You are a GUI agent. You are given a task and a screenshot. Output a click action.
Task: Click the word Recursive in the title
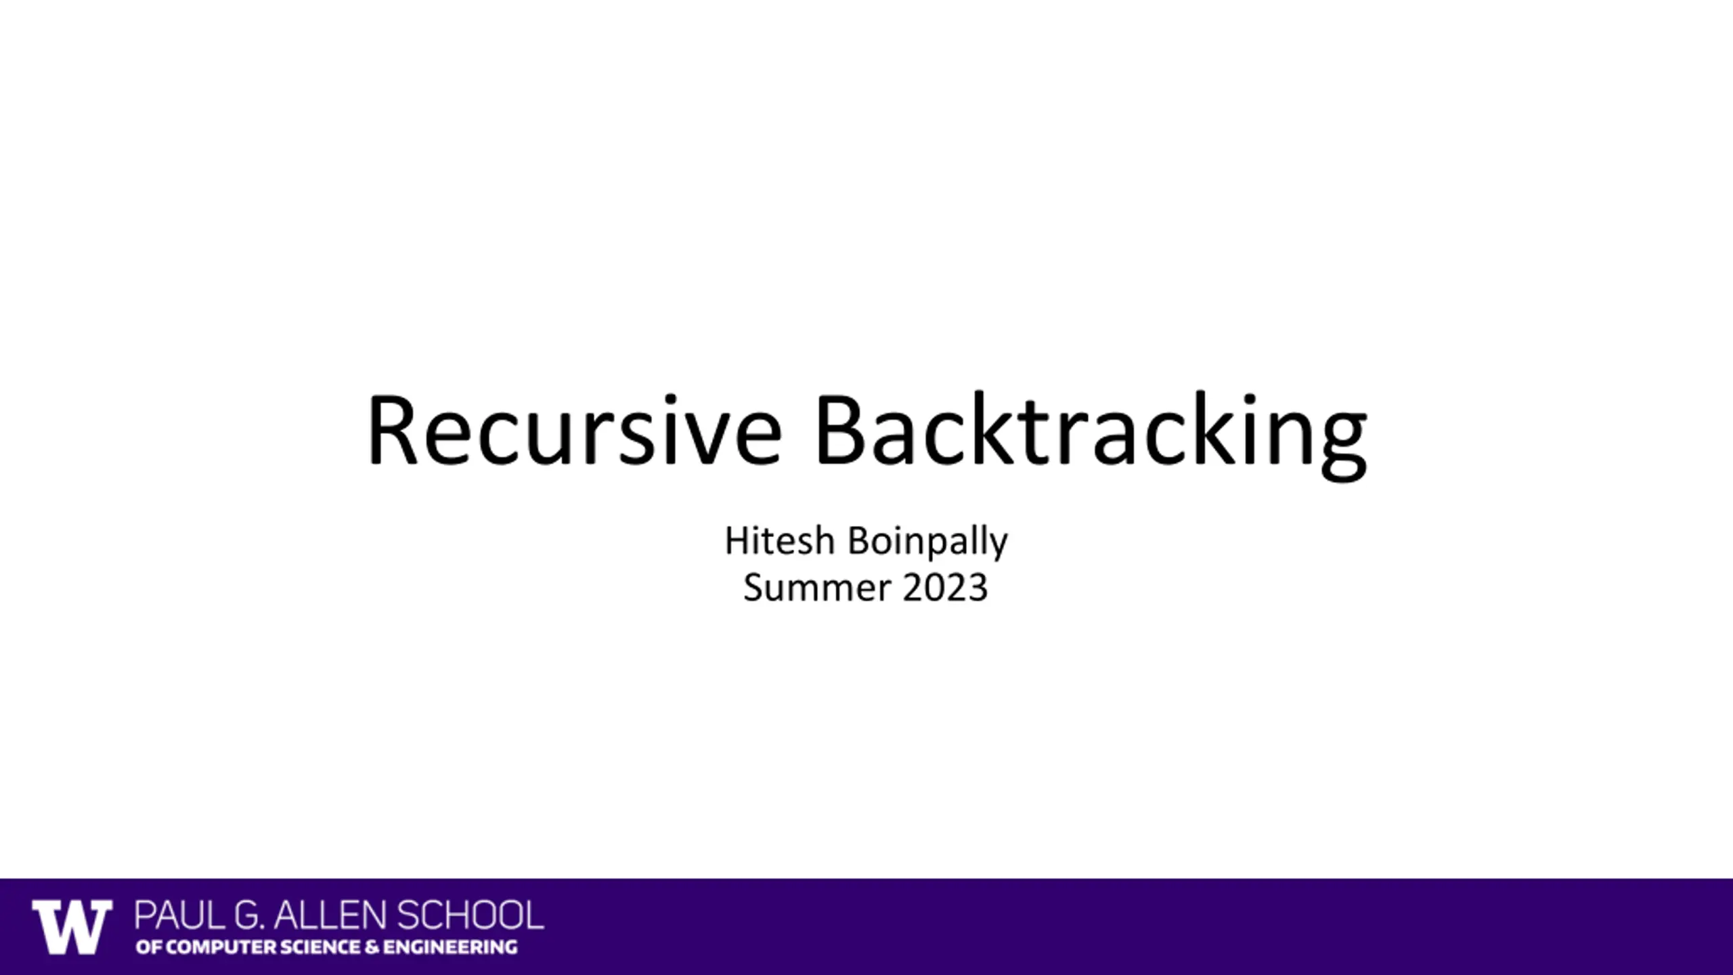575,431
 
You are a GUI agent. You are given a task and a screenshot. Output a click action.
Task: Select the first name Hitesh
780,541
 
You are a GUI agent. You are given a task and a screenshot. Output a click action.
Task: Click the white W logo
72,927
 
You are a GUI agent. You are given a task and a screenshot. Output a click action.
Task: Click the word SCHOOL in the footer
470,915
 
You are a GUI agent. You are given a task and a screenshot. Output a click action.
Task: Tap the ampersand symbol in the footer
372,947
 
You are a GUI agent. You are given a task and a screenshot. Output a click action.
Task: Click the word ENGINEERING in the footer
450,947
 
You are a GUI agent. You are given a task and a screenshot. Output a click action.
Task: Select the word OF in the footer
149,947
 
